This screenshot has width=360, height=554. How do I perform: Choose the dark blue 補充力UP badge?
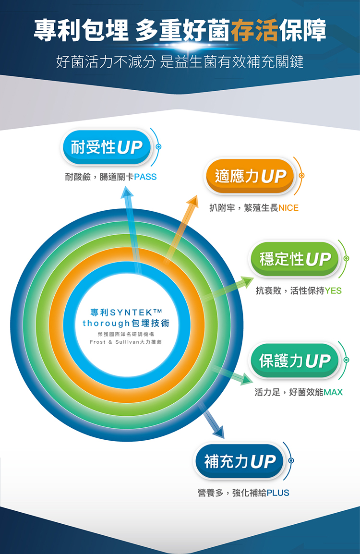point(240,462)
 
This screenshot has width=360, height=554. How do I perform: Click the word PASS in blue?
point(145,177)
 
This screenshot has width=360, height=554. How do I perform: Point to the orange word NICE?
point(288,208)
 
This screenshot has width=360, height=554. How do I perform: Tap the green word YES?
point(333,291)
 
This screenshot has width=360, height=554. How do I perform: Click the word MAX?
point(333,393)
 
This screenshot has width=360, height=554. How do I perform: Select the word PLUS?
point(278,493)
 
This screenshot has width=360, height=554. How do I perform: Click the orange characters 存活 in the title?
point(254,31)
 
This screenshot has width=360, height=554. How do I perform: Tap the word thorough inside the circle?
point(103,323)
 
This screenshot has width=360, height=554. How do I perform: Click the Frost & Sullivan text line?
point(126,342)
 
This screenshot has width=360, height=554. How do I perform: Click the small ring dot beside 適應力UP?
point(302,176)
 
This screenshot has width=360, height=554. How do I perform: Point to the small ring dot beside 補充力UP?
point(291,461)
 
